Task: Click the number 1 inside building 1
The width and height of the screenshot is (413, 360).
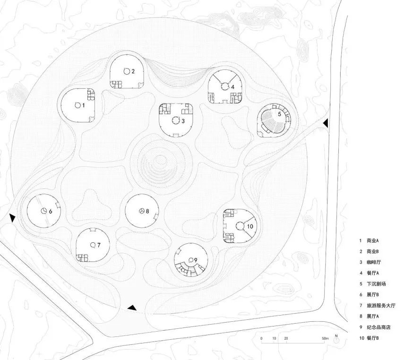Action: (x=84, y=105)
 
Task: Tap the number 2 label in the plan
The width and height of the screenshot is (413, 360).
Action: (x=133, y=71)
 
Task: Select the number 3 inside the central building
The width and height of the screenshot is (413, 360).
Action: (x=183, y=121)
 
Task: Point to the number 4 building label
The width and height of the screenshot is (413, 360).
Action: (x=232, y=87)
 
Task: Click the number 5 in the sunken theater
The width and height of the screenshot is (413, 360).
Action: (x=279, y=114)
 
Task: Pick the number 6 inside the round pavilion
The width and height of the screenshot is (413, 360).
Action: (x=50, y=211)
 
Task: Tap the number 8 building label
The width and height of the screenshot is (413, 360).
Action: (x=147, y=211)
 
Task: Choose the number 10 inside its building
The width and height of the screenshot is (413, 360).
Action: (x=250, y=226)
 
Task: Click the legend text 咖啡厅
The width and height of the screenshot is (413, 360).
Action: (x=374, y=262)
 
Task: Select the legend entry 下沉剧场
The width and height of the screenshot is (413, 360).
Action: (x=376, y=284)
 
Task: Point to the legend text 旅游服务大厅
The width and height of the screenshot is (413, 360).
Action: (x=381, y=306)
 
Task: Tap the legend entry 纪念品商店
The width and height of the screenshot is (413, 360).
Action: (x=379, y=327)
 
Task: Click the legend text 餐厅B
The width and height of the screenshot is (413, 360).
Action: (x=373, y=338)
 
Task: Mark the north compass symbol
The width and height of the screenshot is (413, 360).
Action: (x=336, y=339)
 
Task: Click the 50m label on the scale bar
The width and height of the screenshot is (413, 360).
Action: (x=325, y=338)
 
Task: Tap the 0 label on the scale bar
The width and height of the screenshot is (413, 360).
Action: (x=261, y=338)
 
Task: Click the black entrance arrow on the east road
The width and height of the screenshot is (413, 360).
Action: (x=326, y=123)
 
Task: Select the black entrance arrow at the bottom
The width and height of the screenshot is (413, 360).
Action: (x=132, y=308)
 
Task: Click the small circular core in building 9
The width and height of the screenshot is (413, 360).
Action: (x=192, y=260)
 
